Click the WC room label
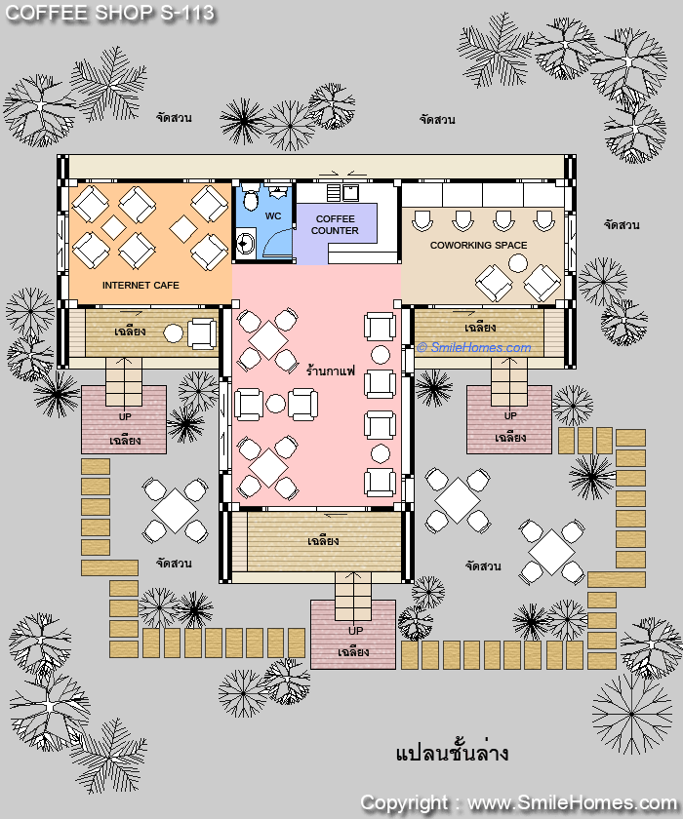(x=273, y=216)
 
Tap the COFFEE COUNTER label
(x=335, y=224)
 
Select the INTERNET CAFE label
(x=141, y=285)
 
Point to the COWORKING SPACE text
(x=479, y=245)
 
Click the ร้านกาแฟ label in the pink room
(x=330, y=371)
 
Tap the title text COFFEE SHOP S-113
(x=109, y=13)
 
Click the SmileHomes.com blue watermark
(x=474, y=347)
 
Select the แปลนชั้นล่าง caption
(x=452, y=753)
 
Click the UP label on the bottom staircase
(x=355, y=631)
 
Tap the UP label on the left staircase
(x=125, y=417)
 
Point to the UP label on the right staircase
(x=510, y=415)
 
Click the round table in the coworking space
(x=518, y=262)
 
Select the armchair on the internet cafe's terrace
(x=202, y=333)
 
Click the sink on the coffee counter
(x=350, y=192)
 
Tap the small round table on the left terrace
(x=173, y=333)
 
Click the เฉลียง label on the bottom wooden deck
(x=323, y=540)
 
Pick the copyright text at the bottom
(x=518, y=802)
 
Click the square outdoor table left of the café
(x=175, y=510)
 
